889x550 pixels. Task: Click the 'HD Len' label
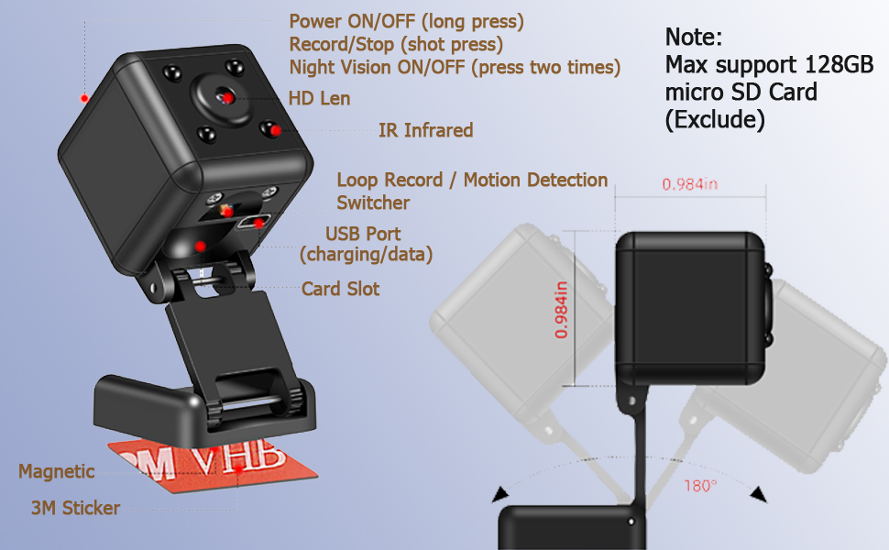pyautogui.click(x=319, y=97)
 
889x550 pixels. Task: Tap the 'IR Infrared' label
pyautogui.click(x=425, y=130)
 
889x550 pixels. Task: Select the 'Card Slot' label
pyautogui.click(x=340, y=289)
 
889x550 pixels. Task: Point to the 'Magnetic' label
pyautogui.click(x=56, y=471)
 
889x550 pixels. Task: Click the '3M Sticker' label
pyautogui.click(x=76, y=507)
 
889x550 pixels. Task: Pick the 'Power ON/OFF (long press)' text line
pyautogui.click(x=407, y=20)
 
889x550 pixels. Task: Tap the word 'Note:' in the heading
pyautogui.click(x=694, y=38)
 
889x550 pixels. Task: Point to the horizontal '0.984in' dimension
pyautogui.click(x=689, y=184)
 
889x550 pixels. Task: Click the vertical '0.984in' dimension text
pyautogui.click(x=561, y=310)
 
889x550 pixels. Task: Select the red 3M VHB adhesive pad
pyautogui.click(x=192, y=467)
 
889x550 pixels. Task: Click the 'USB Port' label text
pyautogui.click(x=363, y=234)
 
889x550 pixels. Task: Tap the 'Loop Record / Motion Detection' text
pyautogui.click(x=472, y=180)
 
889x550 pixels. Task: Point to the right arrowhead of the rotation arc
pyautogui.click(x=758, y=495)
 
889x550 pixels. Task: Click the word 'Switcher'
pyautogui.click(x=373, y=203)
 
